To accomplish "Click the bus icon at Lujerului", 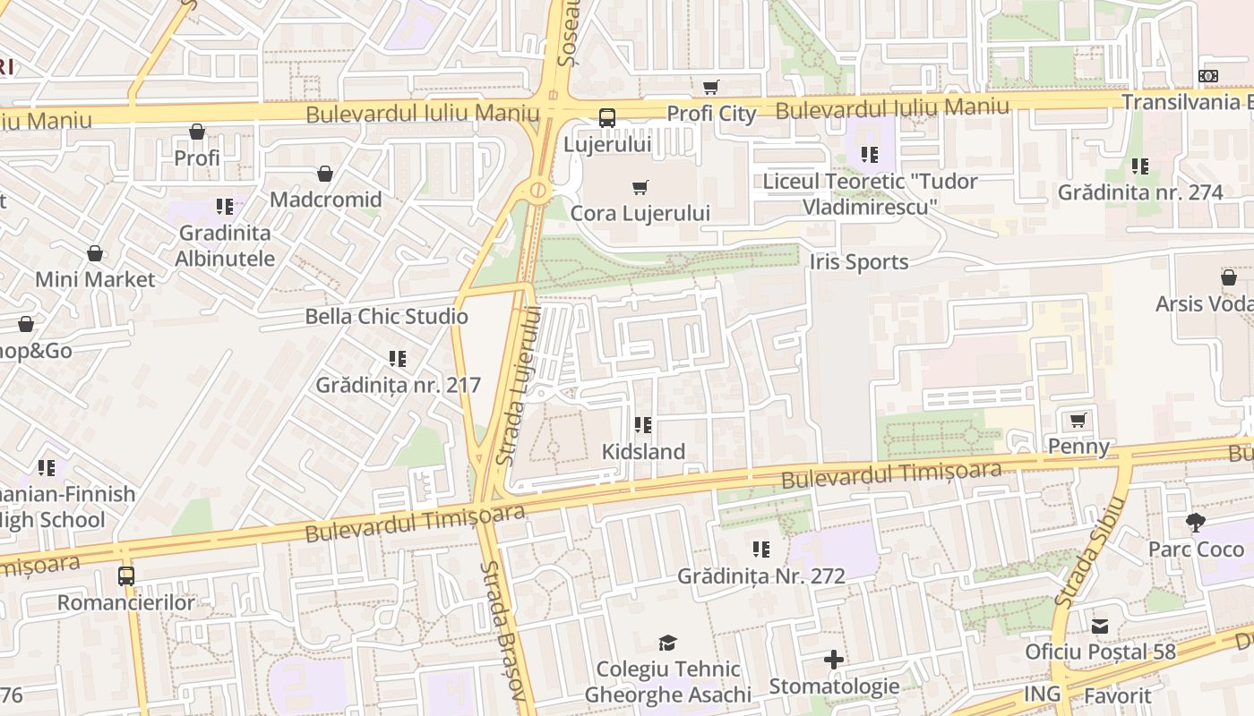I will (607, 117).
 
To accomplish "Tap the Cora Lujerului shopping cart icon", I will (640, 187).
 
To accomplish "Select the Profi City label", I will (711, 114).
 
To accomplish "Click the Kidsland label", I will (643, 451).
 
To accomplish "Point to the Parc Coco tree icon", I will (1195, 523).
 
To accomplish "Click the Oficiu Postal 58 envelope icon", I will (1100, 626).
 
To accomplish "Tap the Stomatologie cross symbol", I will (834, 661).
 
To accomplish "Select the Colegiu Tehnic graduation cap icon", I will (667, 643).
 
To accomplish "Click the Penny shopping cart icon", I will (1078, 420).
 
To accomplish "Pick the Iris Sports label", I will (858, 261).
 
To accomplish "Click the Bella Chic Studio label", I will (386, 316).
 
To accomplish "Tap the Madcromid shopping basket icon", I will (325, 174).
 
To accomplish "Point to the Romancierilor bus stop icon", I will (126, 576).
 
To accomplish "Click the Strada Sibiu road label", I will (1088, 555).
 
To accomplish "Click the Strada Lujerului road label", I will (520, 385).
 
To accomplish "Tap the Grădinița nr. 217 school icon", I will (398, 359).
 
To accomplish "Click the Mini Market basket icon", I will (95, 254).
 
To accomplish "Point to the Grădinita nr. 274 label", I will (1139, 192).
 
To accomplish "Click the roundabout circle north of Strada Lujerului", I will (537, 190).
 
